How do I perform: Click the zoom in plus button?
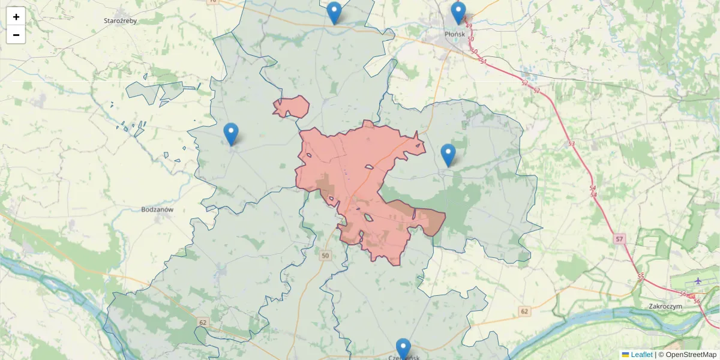[16, 17]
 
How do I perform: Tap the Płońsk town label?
[455, 34]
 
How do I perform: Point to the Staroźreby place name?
[121, 20]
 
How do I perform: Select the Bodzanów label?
[157, 209]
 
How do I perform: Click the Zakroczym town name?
[665, 306]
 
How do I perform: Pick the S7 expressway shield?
[619, 239]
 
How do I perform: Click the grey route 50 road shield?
[325, 256]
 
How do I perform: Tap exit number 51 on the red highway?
[483, 62]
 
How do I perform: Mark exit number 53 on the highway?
[571, 144]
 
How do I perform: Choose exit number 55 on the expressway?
[641, 276]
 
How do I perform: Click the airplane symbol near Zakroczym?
[698, 280]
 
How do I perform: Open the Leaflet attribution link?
[641, 355]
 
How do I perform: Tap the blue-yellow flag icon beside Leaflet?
[625, 355]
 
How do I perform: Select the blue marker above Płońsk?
[458, 13]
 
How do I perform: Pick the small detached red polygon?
[292, 107]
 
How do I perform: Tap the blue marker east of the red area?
[448, 155]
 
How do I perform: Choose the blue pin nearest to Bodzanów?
[230, 133]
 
